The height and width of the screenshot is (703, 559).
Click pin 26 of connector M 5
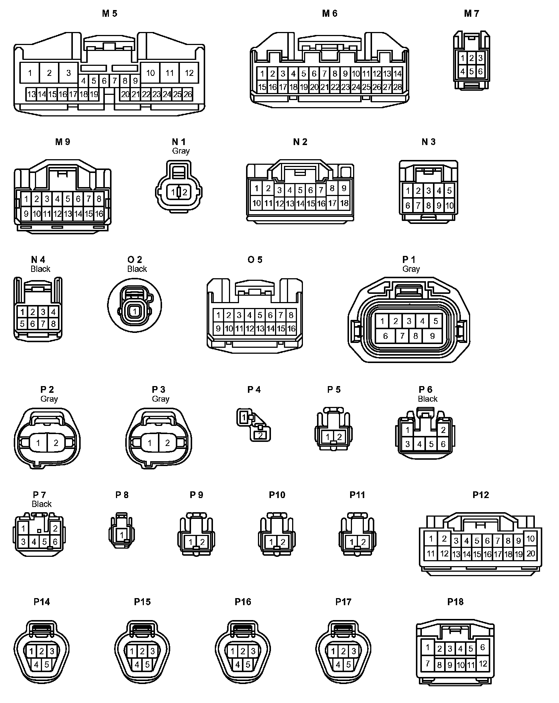(x=188, y=94)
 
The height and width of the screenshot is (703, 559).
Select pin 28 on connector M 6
(x=397, y=87)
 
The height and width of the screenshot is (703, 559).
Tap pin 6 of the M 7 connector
(x=480, y=71)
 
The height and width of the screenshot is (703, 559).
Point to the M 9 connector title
(x=62, y=142)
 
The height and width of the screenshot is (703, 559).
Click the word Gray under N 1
(x=181, y=151)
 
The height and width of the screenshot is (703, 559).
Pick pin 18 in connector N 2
(x=344, y=203)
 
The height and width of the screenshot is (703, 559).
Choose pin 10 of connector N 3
(x=449, y=205)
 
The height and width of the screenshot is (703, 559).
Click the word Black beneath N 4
(x=41, y=269)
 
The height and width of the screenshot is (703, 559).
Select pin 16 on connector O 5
(x=291, y=328)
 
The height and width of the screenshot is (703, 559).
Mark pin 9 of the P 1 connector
(x=432, y=336)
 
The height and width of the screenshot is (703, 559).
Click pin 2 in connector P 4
(x=261, y=435)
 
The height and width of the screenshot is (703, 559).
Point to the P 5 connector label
(x=334, y=389)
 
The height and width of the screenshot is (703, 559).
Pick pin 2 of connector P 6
(x=443, y=430)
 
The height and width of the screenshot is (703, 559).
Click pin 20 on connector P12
(x=530, y=553)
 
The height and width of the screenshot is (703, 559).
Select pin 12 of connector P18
(x=482, y=664)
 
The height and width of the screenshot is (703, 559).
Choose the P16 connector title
(x=243, y=602)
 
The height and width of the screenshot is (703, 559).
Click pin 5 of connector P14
(x=46, y=664)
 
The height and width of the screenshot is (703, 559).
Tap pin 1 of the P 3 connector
(x=150, y=443)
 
